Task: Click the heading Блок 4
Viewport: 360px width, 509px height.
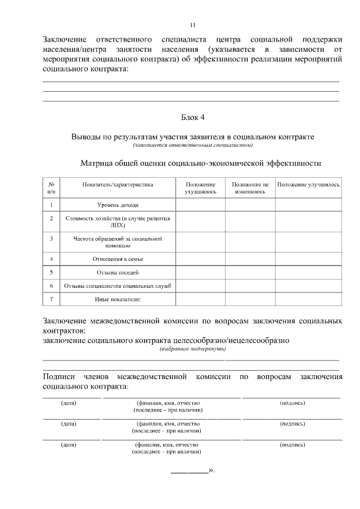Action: point(192,117)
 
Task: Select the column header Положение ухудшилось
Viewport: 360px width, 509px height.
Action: point(200,188)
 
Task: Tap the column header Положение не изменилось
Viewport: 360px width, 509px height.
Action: point(250,188)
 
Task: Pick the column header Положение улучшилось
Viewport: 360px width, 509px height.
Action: point(308,184)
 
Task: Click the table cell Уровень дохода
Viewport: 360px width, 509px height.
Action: point(118,205)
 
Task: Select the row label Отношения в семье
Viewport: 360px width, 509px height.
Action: point(118,259)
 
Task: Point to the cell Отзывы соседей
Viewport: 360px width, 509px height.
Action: point(118,273)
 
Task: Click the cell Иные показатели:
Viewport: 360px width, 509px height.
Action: point(118,299)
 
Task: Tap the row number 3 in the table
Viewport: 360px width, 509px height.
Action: point(51,238)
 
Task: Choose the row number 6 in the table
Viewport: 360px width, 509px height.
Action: point(51,286)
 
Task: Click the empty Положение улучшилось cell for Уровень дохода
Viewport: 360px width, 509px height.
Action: point(308,205)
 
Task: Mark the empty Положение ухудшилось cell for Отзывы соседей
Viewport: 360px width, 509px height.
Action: point(200,273)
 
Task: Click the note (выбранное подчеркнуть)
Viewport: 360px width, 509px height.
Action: point(192,349)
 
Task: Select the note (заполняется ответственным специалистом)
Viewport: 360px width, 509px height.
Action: point(192,146)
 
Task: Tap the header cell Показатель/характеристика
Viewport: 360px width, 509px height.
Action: point(118,184)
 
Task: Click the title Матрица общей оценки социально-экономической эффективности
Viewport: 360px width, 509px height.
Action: point(201,163)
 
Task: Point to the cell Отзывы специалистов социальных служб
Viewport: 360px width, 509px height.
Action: point(118,286)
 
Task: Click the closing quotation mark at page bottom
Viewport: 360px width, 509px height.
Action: point(211,470)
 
